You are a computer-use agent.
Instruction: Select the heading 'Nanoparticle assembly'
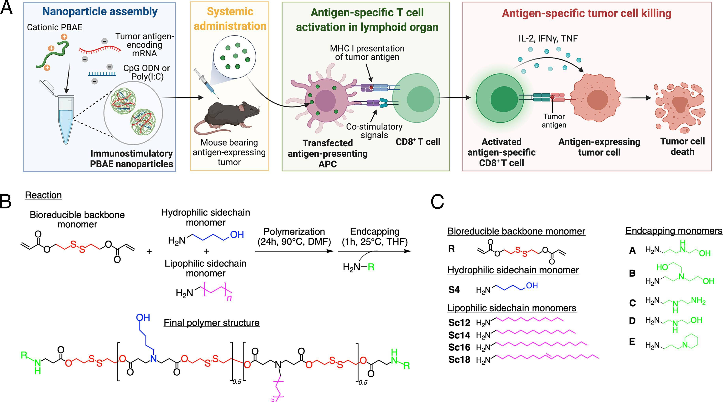click(100, 11)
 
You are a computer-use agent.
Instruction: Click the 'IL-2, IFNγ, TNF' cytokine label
click(548, 38)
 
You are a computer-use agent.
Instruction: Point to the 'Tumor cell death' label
click(682, 146)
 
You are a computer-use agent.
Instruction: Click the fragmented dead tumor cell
click(679, 108)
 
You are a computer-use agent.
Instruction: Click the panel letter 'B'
click(6, 202)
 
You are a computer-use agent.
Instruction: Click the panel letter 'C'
click(437, 202)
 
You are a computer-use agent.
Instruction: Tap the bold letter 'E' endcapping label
click(632, 342)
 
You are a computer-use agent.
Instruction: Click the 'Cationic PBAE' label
click(54, 27)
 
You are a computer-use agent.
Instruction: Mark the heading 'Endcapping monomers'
click(674, 231)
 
